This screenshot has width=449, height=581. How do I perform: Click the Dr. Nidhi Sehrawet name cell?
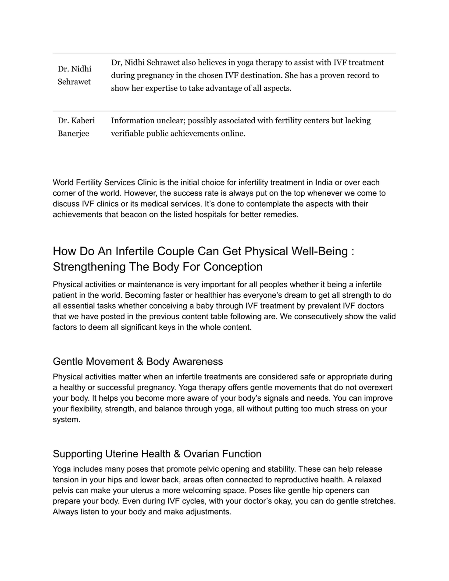pos(75,75)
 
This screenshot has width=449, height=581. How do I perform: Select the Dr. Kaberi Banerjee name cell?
pos(76,127)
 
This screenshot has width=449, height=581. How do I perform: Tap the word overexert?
pos(375,387)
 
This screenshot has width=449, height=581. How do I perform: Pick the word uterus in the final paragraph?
pos(144,490)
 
